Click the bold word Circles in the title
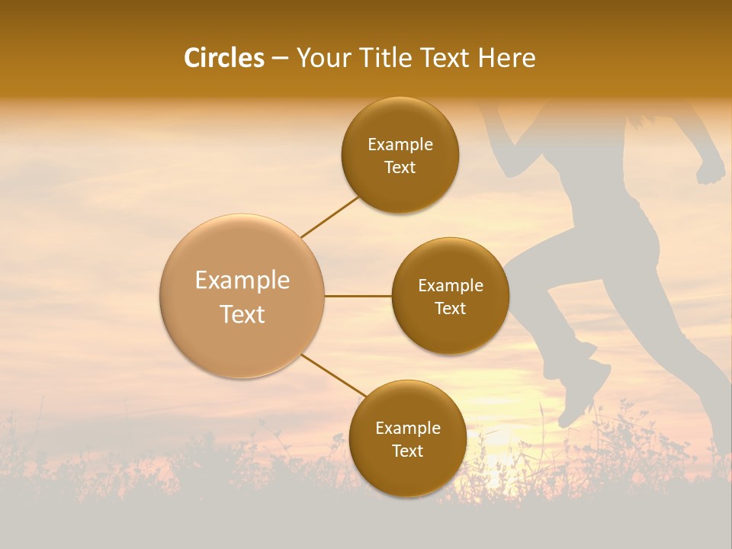click(x=224, y=58)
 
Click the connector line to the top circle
click(x=329, y=217)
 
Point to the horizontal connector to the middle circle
click(x=358, y=296)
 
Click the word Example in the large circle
click(x=242, y=281)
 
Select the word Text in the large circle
click(x=242, y=314)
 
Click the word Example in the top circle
click(x=400, y=145)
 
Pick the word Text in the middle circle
click(x=450, y=309)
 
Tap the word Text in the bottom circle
click(x=407, y=451)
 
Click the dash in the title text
click(x=280, y=59)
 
